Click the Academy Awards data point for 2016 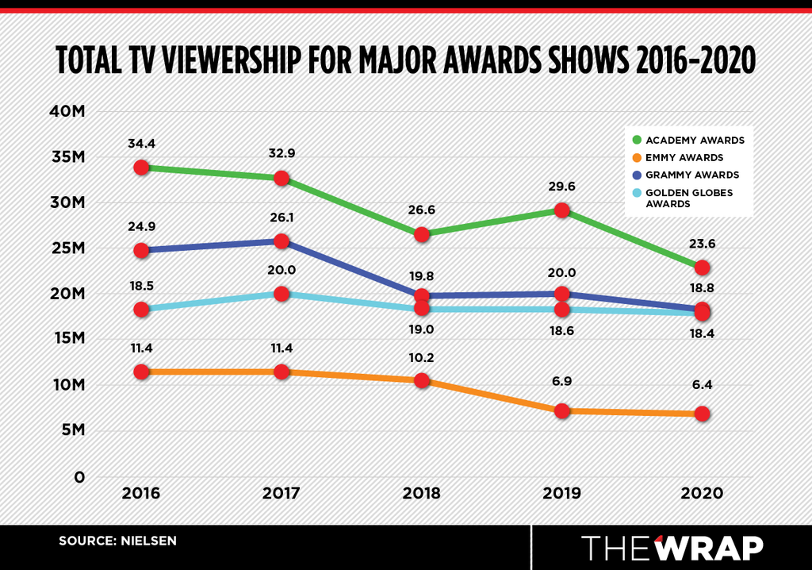coord(141,168)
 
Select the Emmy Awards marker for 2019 coord(562,411)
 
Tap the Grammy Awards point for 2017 coord(282,241)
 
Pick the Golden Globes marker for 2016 coord(141,310)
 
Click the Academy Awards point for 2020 coord(703,268)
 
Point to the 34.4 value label coord(141,144)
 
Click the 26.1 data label coord(282,218)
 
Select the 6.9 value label coord(562,382)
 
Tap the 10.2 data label coord(422,358)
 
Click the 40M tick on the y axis coord(67,111)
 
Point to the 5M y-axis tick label coord(72,430)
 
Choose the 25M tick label coord(67,248)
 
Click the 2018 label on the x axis coord(422,493)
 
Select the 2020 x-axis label coord(703,493)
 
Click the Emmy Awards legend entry coord(678,158)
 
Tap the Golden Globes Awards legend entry coord(683,198)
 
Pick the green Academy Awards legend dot coord(637,140)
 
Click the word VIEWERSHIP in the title coord(232,60)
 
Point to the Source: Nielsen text coord(117,541)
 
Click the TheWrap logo coord(672,548)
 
